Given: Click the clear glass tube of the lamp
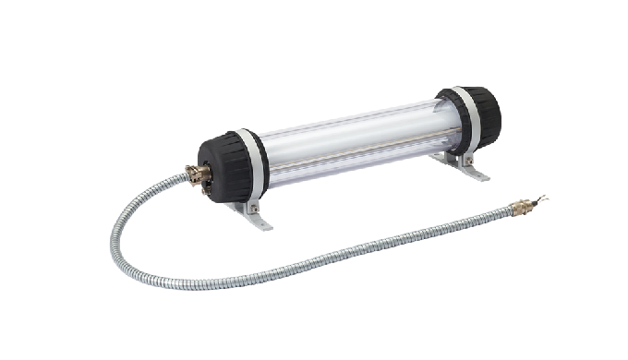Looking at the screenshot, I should [351, 143].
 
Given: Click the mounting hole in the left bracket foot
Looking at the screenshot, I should [258, 222].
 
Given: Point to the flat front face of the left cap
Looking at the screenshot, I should [209, 170].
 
